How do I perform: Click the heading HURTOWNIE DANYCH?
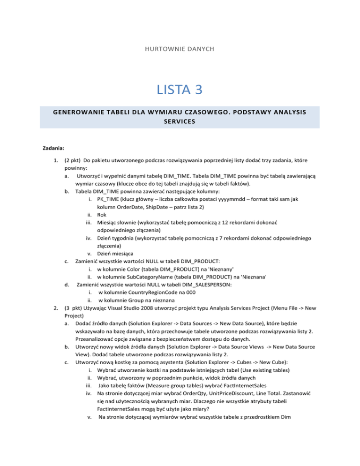point(180,48)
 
